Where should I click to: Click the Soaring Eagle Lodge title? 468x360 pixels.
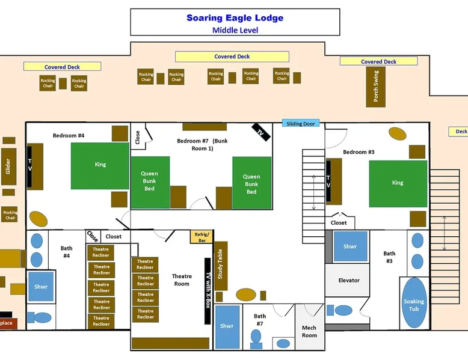pyautogui.click(x=235, y=18)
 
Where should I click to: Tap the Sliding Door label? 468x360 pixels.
pyautogui.click(x=301, y=124)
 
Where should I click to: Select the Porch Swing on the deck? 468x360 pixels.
pyautogui.click(x=376, y=86)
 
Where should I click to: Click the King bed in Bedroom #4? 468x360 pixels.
pyautogui.click(x=100, y=165)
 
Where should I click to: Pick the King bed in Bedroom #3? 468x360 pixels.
pyautogui.click(x=398, y=183)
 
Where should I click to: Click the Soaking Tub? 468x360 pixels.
pyautogui.click(x=414, y=305)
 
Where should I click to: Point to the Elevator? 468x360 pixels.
pyautogui.click(x=349, y=281)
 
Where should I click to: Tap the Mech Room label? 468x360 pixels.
pyautogui.click(x=309, y=332)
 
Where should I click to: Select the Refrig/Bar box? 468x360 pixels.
pyautogui.click(x=201, y=237)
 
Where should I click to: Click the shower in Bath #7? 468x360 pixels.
pyautogui.click(x=227, y=327)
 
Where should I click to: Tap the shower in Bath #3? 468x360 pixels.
pyautogui.click(x=350, y=246)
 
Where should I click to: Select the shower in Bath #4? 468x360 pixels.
pyautogui.click(x=40, y=287)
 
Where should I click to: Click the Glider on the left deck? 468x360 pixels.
pyautogui.click(x=8, y=166)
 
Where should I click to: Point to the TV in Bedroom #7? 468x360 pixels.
pyautogui.click(x=260, y=132)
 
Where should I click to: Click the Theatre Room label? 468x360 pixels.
pyautogui.click(x=181, y=280)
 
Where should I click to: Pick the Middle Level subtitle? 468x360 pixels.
pyautogui.click(x=235, y=30)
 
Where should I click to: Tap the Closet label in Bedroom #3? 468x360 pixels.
pyautogui.click(x=339, y=222)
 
